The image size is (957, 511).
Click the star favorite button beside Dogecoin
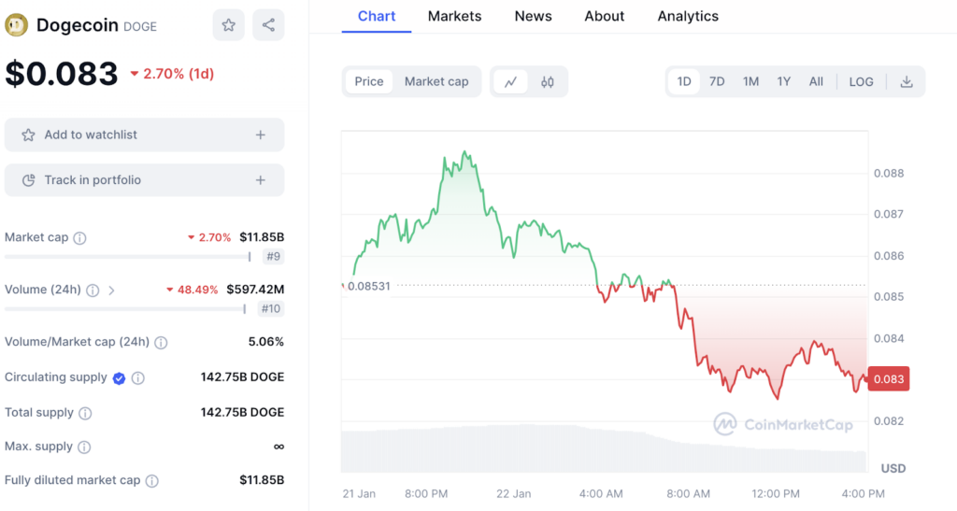(x=228, y=25)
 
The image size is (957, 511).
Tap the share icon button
(x=268, y=25)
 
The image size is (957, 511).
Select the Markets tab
(x=454, y=16)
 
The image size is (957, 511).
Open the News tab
(x=533, y=16)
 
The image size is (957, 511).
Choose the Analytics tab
(x=688, y=16)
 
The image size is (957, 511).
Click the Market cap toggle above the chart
(x=436, y=81)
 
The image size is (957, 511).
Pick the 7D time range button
(x=717, y=81)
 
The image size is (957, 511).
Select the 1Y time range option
(x=783, y=81)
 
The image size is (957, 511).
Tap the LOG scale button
(x=861, y=81)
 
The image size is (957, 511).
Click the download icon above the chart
(x=906, y=81)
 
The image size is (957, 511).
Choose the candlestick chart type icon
(x=548, y=81)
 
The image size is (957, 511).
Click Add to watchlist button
(x=144, y=135)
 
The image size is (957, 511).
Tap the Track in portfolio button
(x=144, y=179)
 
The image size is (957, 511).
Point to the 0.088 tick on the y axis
(x=888, y=173)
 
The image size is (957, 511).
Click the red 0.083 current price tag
(x=888, y=379)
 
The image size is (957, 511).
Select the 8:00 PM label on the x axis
(x=426, y=493)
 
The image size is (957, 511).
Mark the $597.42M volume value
(x=255, y=290)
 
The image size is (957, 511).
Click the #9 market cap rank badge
(x=273, y=256)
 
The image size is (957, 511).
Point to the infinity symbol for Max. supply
(x=279, y=447)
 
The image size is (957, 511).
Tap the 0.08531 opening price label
(x=368, y=286)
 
